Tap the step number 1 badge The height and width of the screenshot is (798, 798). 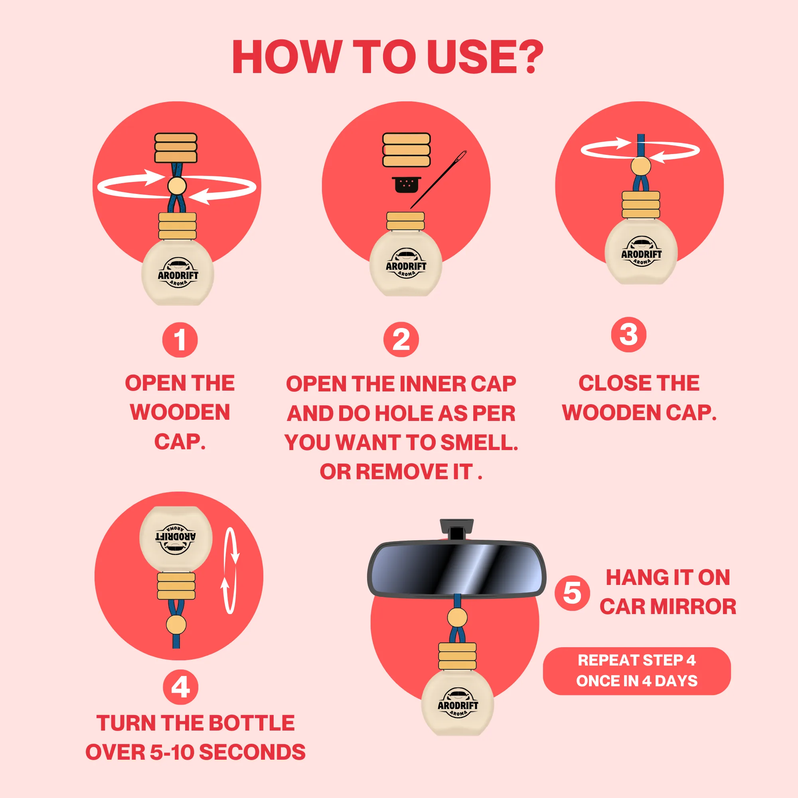click(180, 340)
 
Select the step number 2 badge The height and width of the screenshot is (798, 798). click(401, 340)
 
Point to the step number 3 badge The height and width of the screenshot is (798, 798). click(629, 335)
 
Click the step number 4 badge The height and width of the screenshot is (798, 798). click(180, 687)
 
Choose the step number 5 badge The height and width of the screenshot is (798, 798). click(572, 593)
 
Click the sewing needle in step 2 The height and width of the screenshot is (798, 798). click(438, 179)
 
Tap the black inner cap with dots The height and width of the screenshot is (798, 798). click(407, 185)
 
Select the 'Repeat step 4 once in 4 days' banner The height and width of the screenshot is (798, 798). click(636, 671)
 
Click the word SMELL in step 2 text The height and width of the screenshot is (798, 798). click(479, 442)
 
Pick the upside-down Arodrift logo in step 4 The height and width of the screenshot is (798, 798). click(176, 538)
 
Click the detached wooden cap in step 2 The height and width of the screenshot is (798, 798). click(407, 150)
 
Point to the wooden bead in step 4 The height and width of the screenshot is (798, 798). click(176, 624)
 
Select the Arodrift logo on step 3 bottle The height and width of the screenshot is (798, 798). click(641, 251)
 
